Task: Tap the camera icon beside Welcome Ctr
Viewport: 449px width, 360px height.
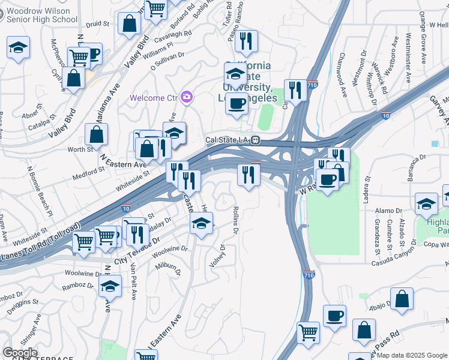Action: tap(187, 97)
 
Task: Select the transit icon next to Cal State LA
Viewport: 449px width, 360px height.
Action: tap(256, 140)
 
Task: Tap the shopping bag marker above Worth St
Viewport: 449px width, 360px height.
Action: tap(96, 134)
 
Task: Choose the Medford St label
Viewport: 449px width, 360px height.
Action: tap(88, 169)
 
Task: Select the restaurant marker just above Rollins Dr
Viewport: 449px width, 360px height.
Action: tap(247, 175)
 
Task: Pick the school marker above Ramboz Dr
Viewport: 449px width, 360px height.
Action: tap(110, 287)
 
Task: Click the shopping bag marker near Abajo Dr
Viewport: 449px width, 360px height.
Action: tap(402, 298)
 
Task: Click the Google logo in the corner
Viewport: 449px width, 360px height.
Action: tap(20, 353)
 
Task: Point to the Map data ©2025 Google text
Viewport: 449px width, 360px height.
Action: tap(412, 355)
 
